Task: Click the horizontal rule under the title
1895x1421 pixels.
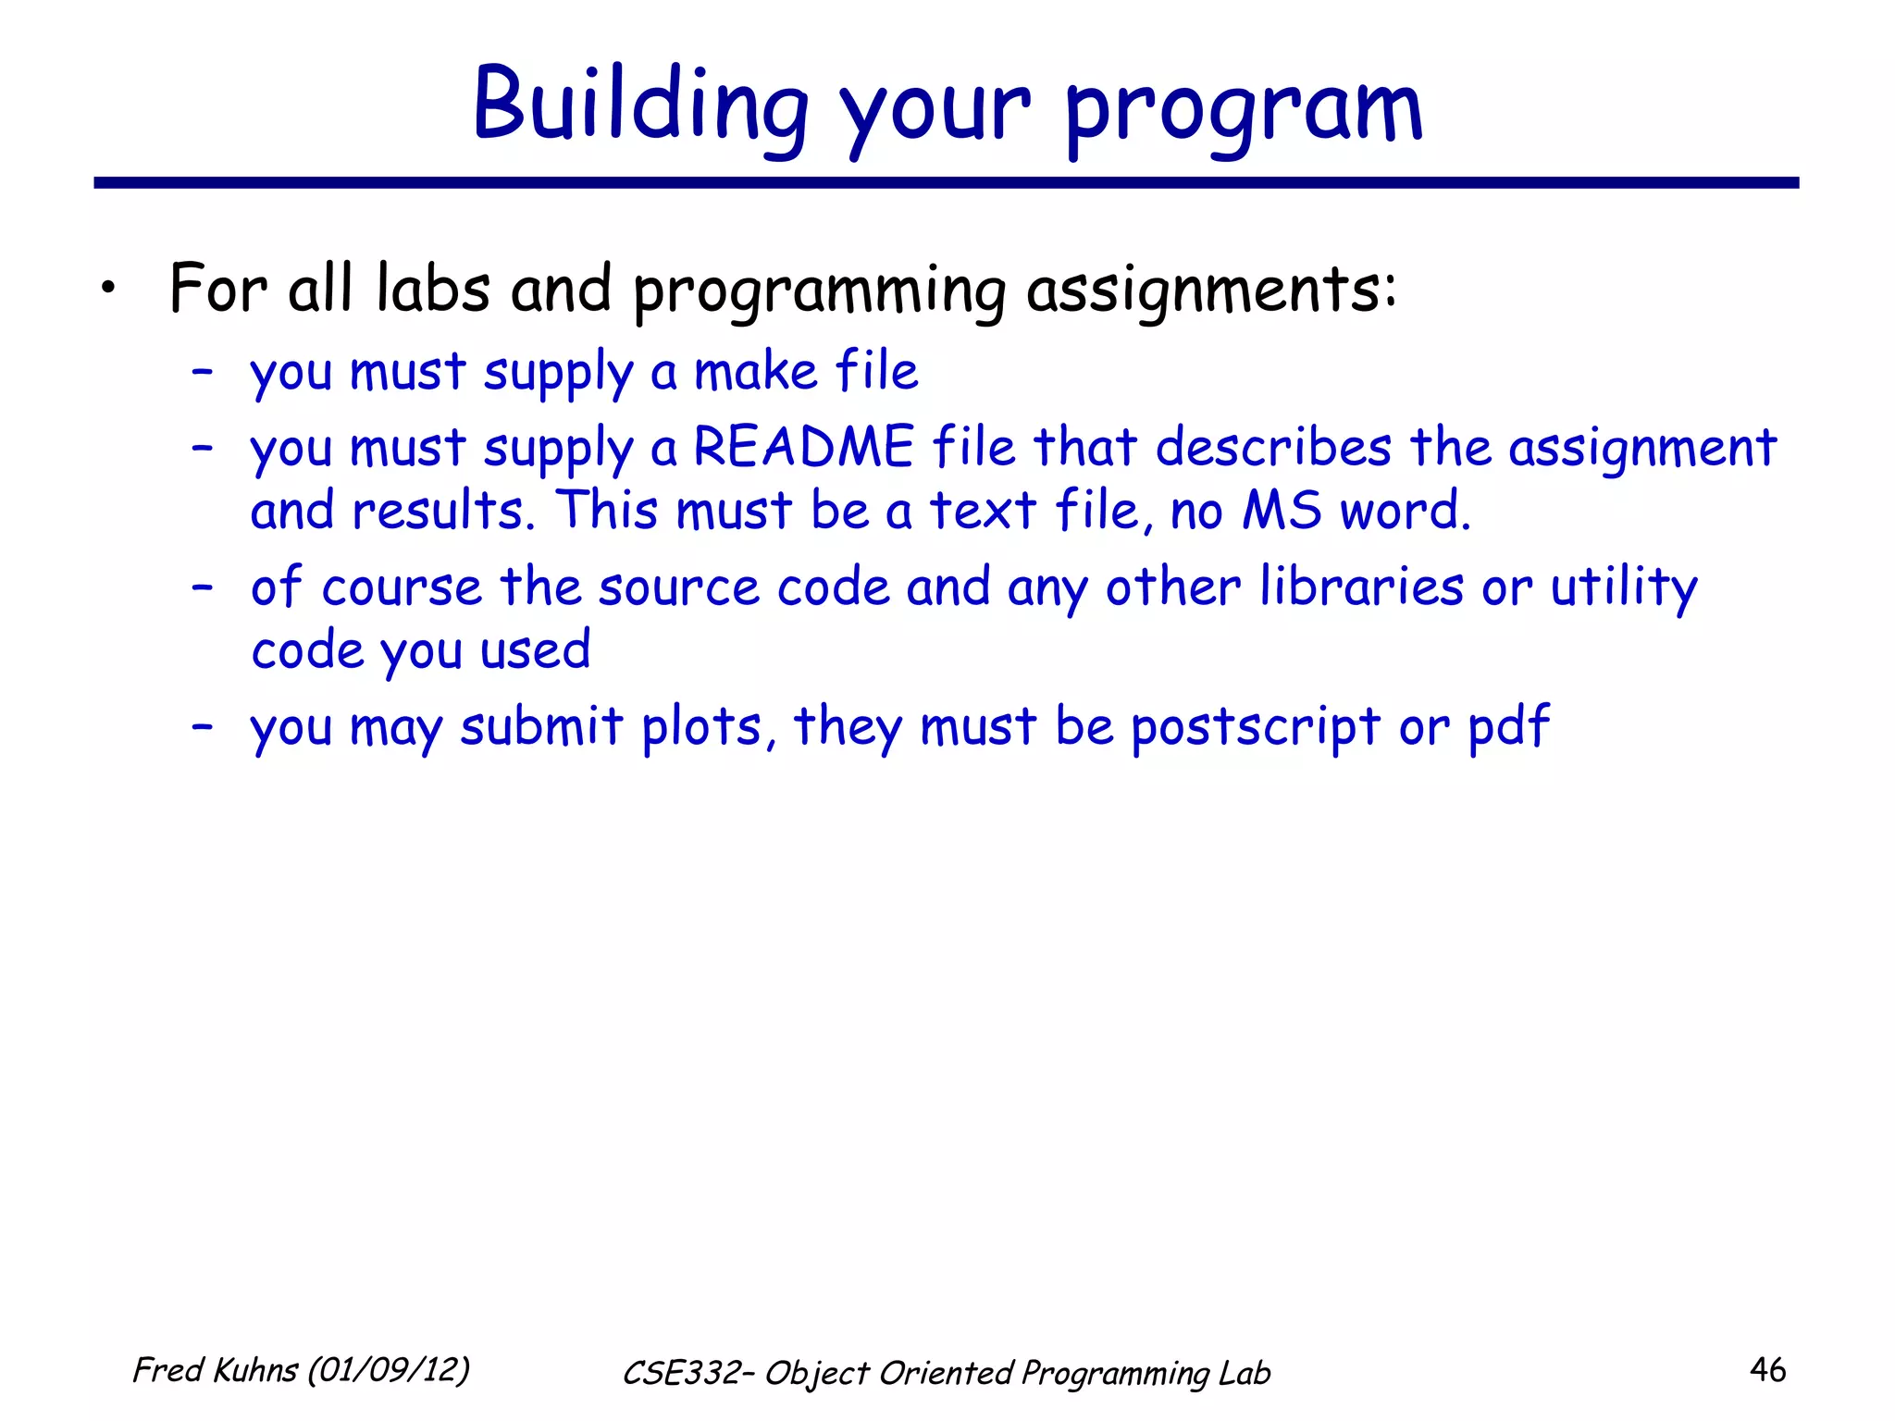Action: click(946, 183)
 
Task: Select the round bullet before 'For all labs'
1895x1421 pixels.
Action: click(110, 290)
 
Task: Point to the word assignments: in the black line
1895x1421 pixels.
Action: click(1211, 290)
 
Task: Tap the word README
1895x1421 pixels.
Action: click(804, 448)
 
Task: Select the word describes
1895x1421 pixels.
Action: click(1273, 448)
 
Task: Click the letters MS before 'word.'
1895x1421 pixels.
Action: click(1282, 511)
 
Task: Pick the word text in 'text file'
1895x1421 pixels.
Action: click(982, 511)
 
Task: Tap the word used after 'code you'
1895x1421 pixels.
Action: click(535, 650)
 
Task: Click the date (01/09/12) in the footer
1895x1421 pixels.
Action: click(389, 1370)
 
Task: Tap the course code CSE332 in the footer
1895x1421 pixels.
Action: click(680, 1374)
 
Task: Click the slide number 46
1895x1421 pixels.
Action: click(1767, 1370)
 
